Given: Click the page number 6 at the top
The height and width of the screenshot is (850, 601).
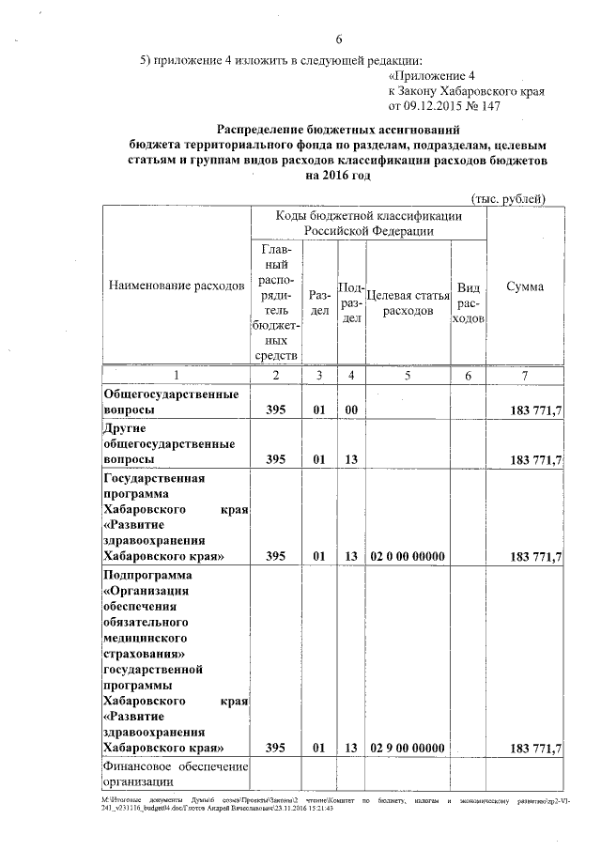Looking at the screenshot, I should pyautogui.click(x=339, y=39).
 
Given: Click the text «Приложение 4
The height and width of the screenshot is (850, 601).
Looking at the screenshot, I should pyautogui.click(x=433, y=75).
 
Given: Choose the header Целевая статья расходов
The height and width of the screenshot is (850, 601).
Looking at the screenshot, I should pyautogui.click(x=408, y=301).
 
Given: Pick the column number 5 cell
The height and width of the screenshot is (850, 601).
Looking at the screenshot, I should pyautogui.click(x=408, y=376).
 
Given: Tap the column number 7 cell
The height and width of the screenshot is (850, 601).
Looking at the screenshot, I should pyautogui.click(x=525, y=376).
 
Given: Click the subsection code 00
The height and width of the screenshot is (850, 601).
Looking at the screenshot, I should pyautogui.click(x=352, y=410).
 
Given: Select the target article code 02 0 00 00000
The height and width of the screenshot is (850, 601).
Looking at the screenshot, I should pyautogui.click(x=408, y=556).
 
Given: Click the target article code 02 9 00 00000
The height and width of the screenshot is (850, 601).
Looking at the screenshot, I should pyautogui.click(x=408, y=748).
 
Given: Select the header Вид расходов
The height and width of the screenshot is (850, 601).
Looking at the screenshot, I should pyautogui.click(x=469, y=301).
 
